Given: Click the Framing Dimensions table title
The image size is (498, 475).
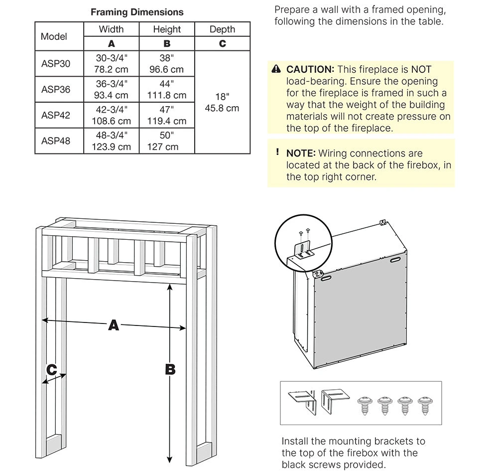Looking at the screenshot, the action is (137, 12).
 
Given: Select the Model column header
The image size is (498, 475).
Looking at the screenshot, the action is (54, 36).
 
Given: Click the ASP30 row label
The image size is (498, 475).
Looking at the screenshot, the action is (56, 64).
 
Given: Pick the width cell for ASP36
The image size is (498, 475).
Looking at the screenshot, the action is (111, 89).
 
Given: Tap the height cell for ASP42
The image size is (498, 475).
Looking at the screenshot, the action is (167, 115).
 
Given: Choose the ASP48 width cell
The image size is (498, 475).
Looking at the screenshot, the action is (111, 141).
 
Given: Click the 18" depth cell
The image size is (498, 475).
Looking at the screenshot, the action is (222, 102).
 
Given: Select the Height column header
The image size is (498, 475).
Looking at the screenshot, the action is (167, 29).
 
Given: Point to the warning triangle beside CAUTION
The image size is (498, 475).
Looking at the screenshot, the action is (276, 69).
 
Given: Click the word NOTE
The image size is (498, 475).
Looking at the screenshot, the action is (301, 153).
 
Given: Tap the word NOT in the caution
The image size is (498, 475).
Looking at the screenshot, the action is (421, 69).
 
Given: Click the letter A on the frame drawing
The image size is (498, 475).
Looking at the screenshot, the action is (114, 325).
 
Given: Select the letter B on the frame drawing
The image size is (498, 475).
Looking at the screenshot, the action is (170, 369).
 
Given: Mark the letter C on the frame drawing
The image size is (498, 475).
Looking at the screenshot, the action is (51, 369).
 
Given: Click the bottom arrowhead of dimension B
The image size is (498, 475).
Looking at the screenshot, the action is (170, 460).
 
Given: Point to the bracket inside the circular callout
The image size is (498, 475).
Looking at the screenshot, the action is (304, 250).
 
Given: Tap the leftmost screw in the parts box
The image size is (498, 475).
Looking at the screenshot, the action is (365, 405).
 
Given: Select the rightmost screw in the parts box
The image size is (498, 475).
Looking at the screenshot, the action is (425, 405).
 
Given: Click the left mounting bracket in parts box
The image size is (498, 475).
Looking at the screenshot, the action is (303, 402).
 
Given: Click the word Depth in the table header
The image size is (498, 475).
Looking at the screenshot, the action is (222, 29).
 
